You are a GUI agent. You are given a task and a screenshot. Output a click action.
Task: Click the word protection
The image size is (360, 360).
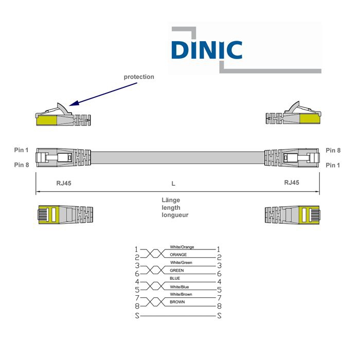tap(138, 77)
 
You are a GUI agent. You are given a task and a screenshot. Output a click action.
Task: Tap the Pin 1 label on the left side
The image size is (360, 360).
tap(22, 150)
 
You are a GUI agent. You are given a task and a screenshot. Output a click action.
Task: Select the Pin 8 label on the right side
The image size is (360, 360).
tap(333, 151)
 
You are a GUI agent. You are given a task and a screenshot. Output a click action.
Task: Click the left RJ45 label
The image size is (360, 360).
tap(64, 183)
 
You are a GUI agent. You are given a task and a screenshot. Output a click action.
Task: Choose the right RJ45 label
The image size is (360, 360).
tap(292, 183)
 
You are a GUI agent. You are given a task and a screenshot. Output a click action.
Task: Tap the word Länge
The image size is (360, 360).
tap(171, 200)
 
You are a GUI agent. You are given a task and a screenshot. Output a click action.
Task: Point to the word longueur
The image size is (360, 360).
tap(175, 215)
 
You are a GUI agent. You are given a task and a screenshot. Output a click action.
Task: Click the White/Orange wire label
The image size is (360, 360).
tap(182, 247)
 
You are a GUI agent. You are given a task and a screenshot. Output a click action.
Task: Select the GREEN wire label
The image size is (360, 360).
tap(176, 270)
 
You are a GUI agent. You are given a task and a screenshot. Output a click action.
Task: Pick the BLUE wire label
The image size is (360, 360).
tap(175, 278)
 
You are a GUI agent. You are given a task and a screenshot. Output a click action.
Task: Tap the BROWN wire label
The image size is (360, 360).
tap(177, 302)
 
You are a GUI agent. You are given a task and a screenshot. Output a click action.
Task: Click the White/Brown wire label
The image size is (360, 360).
tap(182, 294)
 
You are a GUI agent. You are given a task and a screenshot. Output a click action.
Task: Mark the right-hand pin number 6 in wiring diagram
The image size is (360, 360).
tap(219, 274)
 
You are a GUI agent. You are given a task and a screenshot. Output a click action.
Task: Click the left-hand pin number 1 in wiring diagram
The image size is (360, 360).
tap(137, 249)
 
